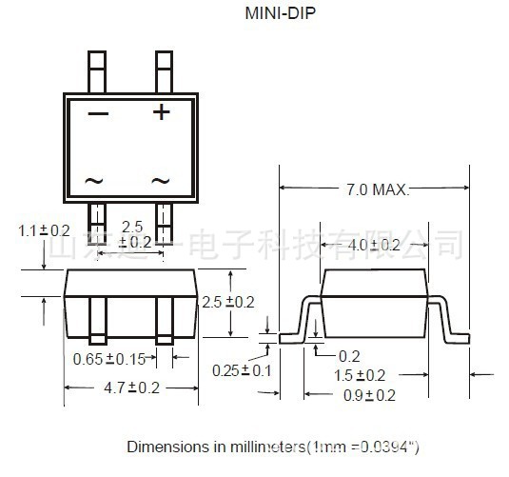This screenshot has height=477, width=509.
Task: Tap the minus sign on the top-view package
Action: pyautogui.click(x=98, y=113)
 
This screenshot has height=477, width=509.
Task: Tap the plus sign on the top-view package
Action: pyautogui.click(x=162, y=112)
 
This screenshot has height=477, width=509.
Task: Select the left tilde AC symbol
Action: pyautogui.click(x=94, y=180)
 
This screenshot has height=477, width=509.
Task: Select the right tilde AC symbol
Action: pyautogui.click(x=161, y=180)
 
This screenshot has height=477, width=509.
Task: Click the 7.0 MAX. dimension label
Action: pyautogui.click(x=376, y=189)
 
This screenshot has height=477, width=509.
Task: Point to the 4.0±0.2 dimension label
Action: pyautogui.click(x=373, y=245)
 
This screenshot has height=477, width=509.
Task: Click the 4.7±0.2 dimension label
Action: pyautogui.click(x=132, y=388)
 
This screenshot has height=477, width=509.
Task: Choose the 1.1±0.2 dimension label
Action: pyautogui.click(x=44, y=230)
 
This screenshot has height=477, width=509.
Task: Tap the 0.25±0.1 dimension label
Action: pyautogui.click(x=243, y=369)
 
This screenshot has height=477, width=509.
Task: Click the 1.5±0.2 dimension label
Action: pyautogui.click(x=359, y=375)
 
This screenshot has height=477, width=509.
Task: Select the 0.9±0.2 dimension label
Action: pyautogui.click(x=369, y=395)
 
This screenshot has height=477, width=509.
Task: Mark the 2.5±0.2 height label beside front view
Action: pyautogui.click(x=228, y=302)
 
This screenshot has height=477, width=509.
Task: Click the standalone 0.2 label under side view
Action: pyautogui.click(x=349, y=355)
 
